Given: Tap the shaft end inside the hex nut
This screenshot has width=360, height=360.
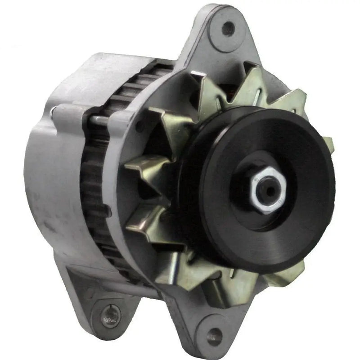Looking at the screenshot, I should click(x=269, y=190).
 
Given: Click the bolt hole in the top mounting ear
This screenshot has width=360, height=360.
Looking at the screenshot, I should click(x=228, y=28).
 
